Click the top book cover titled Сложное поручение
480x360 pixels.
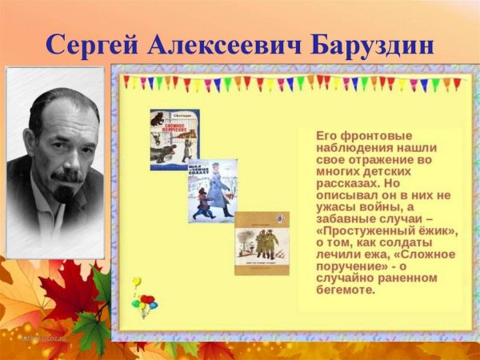click(174, 139)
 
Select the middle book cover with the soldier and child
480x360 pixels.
click(212, 190)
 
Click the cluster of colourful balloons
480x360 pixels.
click(144, 303)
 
